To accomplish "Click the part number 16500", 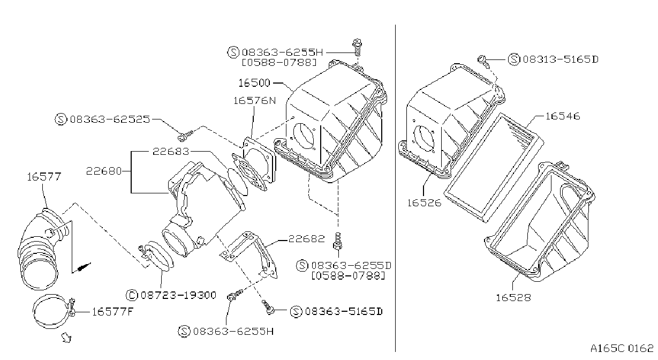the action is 254,83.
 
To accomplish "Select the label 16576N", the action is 255,101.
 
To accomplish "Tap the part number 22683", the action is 171,152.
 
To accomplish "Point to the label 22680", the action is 104,171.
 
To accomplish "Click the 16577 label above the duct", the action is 44,177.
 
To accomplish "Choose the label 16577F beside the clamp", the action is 113,311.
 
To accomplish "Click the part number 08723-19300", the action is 179,295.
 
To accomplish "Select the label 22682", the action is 307,238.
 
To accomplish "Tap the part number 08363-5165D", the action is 344,311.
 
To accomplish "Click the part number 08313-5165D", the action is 561,59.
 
